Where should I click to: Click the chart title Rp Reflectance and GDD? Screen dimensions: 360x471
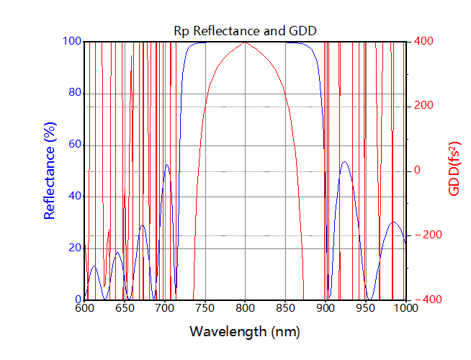pyautogui.click(x=246, y=30)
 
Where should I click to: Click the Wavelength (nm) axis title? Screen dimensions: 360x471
pyautogui.click(x=245, y=332)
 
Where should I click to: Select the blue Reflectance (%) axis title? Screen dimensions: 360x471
pyautogui.click(x=50, y=171)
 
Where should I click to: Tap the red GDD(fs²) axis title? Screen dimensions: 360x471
pyautogui.click(x=454, y=171)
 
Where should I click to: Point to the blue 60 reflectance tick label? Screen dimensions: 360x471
pyautogui.click(x=73, y=145)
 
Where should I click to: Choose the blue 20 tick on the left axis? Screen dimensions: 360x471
pyautogui.click(x=73, y=248)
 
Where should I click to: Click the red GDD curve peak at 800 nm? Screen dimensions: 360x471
pyautogui.click(x=246, y=42)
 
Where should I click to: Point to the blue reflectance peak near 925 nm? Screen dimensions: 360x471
pyautogui.click(x=345, y=161)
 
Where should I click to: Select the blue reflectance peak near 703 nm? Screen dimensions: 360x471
pyautogui.click(x=167, y=165)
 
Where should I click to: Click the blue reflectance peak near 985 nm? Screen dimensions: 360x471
pyautogui.click(x=394, y=222)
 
